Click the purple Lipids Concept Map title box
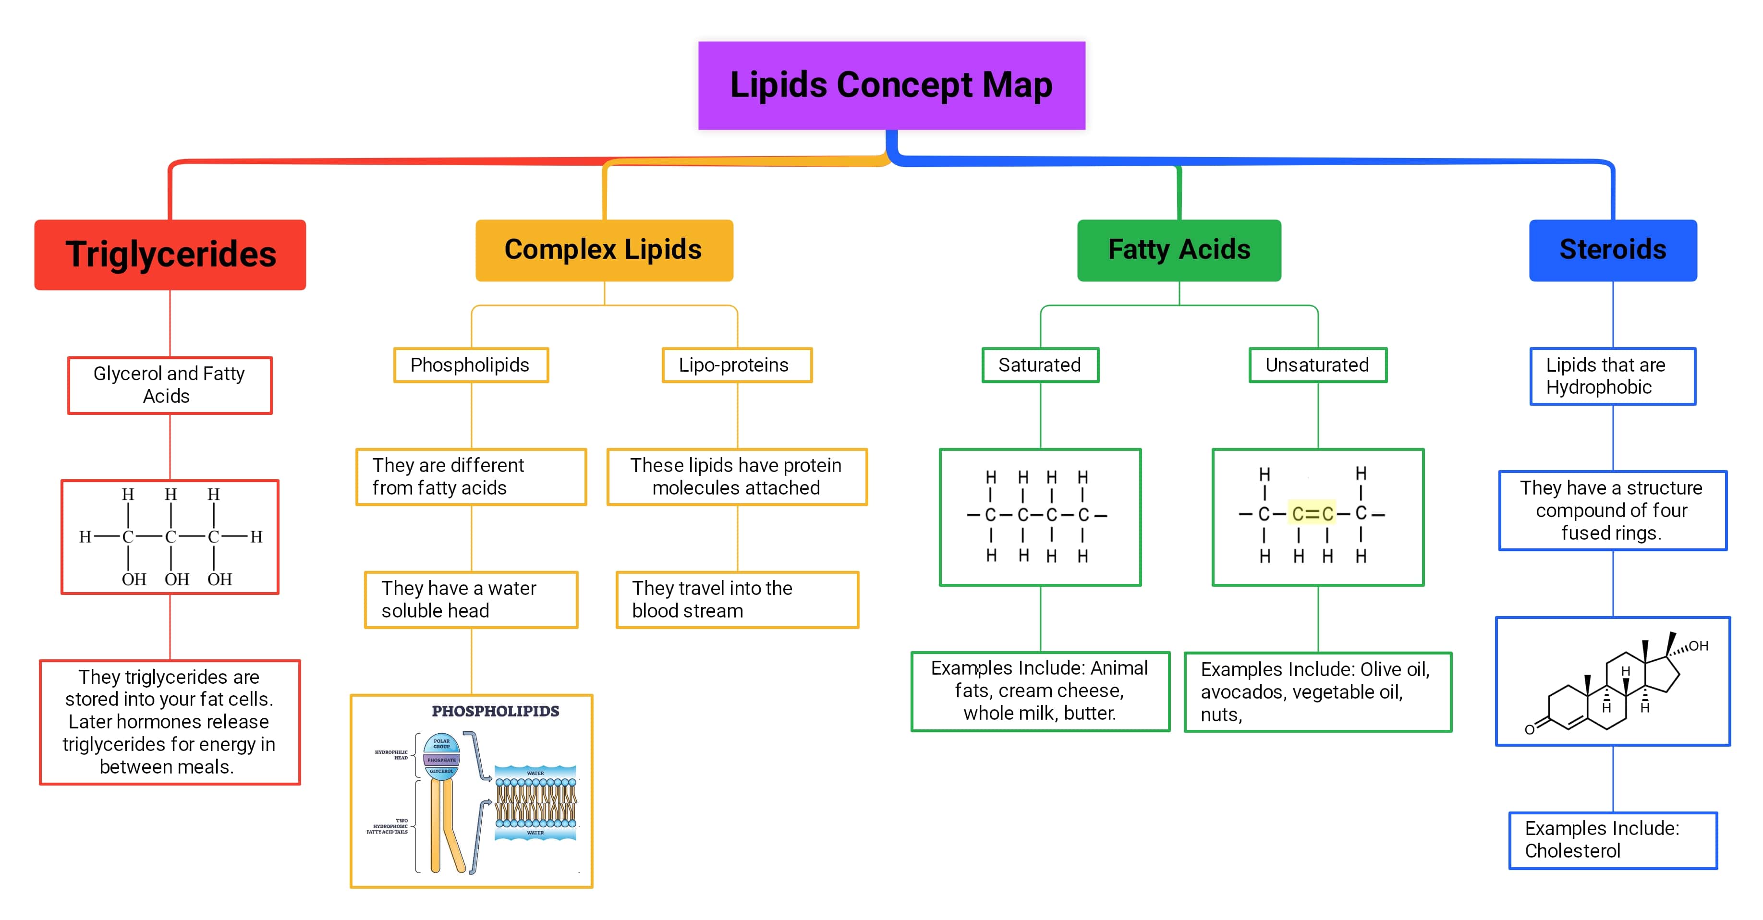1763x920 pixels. tap(891, 85)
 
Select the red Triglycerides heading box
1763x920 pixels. tap(170, 254)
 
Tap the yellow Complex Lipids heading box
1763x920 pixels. tap(604, 250)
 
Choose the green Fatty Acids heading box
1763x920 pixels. tap(1179, 250)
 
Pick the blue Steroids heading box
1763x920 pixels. tap(1612, 250)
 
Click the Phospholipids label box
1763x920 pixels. tap(470, 365)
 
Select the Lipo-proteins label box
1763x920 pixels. tap(736, 365)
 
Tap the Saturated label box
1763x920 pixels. tap(1040, 365)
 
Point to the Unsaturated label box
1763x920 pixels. tap(1317, 365)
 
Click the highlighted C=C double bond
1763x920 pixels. tap(1312, 513)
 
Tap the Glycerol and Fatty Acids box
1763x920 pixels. tap(170, 385)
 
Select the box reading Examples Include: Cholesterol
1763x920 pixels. tap(1612, 840)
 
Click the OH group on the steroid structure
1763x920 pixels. tap(1697, 645)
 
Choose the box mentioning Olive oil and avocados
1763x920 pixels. tap(1317, 691)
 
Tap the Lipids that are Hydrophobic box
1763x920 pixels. tap(1612, 376)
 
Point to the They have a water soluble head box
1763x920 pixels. tap(470, 600)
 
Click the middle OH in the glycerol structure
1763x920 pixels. tap(177, 579)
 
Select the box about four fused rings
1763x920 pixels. tap(1612, 510)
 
